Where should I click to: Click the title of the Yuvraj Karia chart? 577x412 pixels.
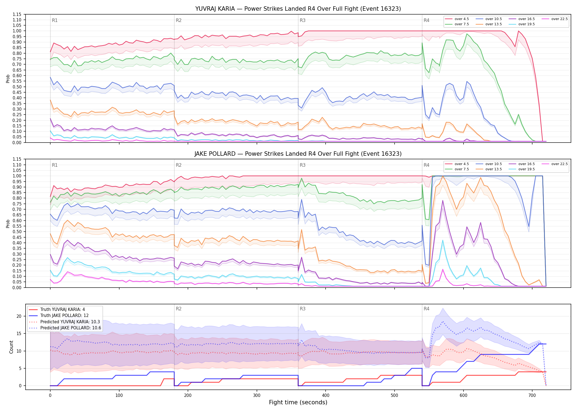click(x=298, y=9)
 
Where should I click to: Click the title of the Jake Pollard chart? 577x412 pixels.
click(x=298, y=154)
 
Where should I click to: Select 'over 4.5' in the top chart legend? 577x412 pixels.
click(x=462, y=19)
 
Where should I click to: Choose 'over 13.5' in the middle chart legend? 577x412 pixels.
click(x=493, y=169)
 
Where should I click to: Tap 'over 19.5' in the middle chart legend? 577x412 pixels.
click(x=526, y=169)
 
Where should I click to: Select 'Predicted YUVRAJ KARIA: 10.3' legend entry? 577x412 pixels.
click(x=70, y=322)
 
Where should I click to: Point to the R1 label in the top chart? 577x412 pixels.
click(x=55, y=20)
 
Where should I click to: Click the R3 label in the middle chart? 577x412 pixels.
click(x=303, y=165)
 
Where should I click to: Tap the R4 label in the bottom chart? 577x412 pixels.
click(x=426, y=309)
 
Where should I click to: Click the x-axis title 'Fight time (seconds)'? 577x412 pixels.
click(x=298, y=402)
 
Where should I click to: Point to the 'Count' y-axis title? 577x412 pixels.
click(x=11, y=347)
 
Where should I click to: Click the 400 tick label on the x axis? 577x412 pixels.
click(x=326, y=396)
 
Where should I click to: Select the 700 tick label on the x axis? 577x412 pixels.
click(x=532, y=396)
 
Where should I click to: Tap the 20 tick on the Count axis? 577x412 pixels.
click(x=19, y=316)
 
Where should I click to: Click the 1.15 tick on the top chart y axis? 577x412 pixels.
click(x=17, y=14)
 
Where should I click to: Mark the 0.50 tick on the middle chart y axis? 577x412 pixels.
click(x=17, y=232)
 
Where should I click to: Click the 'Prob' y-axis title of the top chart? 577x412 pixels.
click(x=8, y=79)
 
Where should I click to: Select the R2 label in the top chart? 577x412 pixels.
click(x=179, y=20)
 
